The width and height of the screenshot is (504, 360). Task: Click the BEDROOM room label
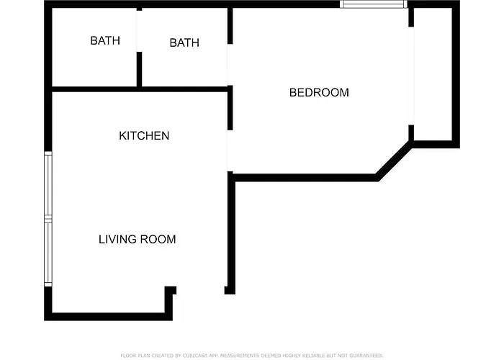coord(319,93)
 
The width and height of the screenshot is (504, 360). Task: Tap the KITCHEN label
coord(144,135)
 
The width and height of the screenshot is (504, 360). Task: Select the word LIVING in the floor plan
coord(117,239)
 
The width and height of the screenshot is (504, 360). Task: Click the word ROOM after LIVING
coord(158,239)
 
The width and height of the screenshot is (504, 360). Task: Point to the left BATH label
coord(105,40)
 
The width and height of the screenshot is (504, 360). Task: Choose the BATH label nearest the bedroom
coord(184,42)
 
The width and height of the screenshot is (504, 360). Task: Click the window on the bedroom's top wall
coord(374,4)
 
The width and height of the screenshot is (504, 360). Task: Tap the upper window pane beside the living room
coord(48,185)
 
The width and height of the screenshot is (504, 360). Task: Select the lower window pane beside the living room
coord(48,253)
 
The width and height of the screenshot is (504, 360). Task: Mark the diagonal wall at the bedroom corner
coord(394,161)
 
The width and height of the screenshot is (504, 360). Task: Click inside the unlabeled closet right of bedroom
coord(433,74)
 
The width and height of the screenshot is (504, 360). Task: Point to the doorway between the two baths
coord(139,31)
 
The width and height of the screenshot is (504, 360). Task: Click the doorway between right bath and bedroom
coord(230,64)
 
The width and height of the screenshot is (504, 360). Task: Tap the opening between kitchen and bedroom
coord(230,150)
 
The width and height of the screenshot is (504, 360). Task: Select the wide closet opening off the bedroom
coord(411,76)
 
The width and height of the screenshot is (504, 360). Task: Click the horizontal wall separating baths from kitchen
coord(140,89)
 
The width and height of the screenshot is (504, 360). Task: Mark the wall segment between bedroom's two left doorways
coord(230,108)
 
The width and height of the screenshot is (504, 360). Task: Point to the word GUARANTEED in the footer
coord(366,356)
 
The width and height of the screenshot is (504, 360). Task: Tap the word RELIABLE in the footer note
coord(315,356)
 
